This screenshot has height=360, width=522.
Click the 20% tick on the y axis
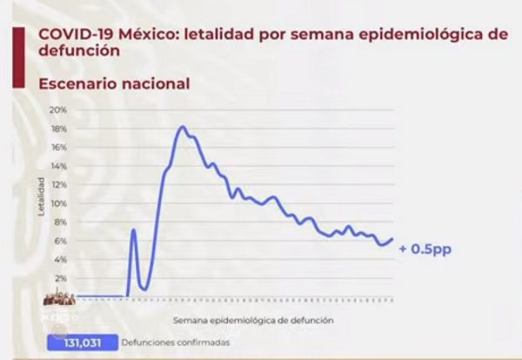[x=58, y=110]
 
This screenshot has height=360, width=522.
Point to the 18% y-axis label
[x=58, y=129]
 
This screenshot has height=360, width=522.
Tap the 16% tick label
[x=58, y=147]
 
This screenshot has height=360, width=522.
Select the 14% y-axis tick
[x=58, y=166]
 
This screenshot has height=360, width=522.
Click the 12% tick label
[x=58, y=185]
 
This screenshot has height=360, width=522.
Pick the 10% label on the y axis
[x=58, y=203]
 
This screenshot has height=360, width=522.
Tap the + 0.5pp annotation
[x=425, y=250]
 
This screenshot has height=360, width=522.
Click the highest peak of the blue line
[x=182, y=127]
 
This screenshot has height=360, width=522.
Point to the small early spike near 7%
[x=134, y=230]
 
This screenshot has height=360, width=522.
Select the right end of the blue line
[x=392, y=239]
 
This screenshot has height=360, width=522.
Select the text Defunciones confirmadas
[x=177, y=343]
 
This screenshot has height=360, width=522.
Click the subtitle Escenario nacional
[x=113, y=83]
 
